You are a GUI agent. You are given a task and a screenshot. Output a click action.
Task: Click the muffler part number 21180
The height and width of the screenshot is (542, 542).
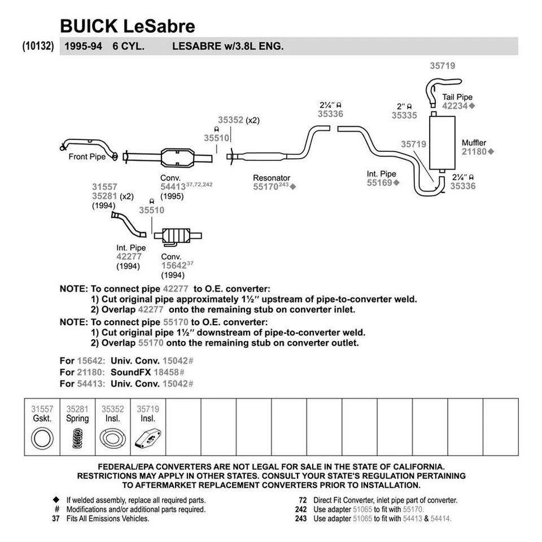pyautogui.click(x=473, y=151)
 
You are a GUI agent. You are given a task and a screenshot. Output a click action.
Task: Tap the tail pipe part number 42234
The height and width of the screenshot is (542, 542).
pyautogui.click(x=454, y=106)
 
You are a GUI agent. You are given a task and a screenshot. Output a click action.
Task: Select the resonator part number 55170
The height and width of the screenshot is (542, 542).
pyautogui.click(x=265, y=186)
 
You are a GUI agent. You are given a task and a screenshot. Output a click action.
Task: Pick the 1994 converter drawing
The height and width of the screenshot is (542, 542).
pyautogui.click(x=177, y=236)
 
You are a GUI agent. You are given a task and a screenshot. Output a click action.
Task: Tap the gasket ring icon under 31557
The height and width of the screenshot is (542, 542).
pyautogui.click(x=42, y=439)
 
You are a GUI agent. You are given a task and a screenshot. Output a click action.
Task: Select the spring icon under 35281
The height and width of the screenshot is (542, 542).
pyautogui.click(x=77, y=439)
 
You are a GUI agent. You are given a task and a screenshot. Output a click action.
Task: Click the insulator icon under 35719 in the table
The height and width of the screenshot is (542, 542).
pyautogui.click(x=147, y=439)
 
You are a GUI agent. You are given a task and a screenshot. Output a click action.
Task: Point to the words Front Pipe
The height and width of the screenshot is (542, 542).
pyautogui.click(x=87, y=156)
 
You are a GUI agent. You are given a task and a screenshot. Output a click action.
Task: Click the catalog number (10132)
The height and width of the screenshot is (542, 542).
pyautogui.click(x=38, y=46)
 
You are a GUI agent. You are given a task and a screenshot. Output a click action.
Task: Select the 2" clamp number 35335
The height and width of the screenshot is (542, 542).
pyautogui.click(x=404, y=115)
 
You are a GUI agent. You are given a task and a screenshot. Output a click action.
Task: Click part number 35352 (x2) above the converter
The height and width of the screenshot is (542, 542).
pyautogui.click(x=230, y=120)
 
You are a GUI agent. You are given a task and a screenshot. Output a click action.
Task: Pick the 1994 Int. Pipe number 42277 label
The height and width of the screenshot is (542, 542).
pyautogui.click(x=129, y=256)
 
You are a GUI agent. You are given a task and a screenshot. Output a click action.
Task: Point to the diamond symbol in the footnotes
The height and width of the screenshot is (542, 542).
pyautogui.click(x=56, y=500)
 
